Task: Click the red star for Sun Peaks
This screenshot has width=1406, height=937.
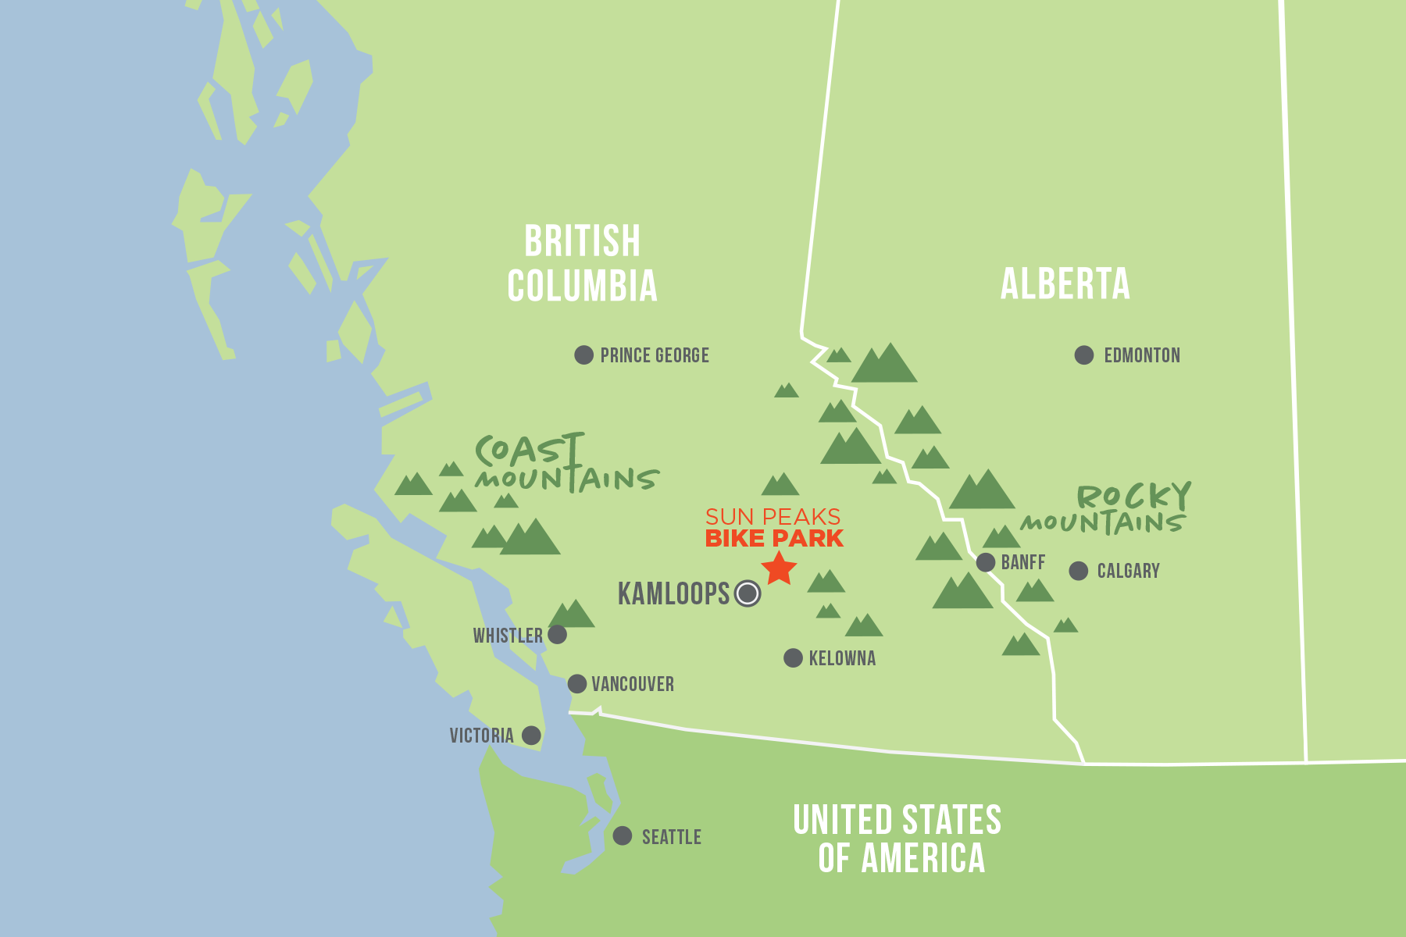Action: [779, 569]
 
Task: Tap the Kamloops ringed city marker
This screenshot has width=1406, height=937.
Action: [748, 593]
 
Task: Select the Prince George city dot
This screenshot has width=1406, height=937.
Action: [583, 355]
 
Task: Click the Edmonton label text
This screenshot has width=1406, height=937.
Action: [1141, 356]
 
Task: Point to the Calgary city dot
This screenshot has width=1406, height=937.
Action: [1079, 571]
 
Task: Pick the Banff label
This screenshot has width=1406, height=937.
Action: [1022, 562]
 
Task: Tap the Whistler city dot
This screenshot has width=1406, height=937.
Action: [557, 634]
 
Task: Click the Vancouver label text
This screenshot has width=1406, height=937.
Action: [632, 685]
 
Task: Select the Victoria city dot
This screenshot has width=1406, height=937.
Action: [531, 735]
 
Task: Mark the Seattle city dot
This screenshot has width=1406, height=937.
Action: [623, 835]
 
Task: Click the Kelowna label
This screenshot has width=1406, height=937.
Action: [842, 658]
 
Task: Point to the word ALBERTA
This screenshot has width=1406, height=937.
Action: [1065, 284]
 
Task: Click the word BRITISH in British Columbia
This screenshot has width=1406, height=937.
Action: [582, 241]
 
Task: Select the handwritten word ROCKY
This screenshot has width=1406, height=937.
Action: [1133, 496]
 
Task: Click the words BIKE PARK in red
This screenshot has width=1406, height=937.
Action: [773, 539]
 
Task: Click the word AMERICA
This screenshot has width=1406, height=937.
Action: [922, 859]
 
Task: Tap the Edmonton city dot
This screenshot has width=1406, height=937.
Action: [1084, 355]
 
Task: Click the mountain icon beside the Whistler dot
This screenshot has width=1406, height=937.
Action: [572, 615]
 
